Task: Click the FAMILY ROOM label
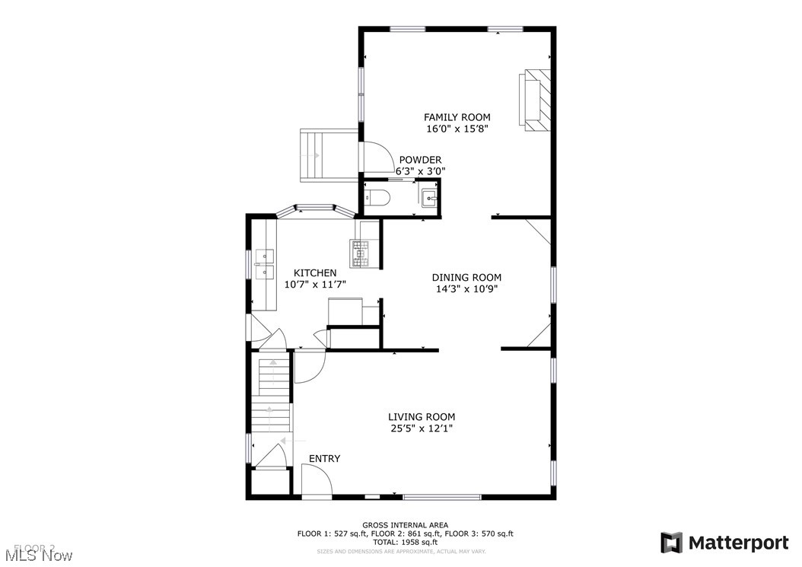457,117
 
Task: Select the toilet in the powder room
377,199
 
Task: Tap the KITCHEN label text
315,272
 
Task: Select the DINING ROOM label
466,278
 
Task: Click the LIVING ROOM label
422,416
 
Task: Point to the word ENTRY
324,458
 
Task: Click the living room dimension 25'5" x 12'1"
422,429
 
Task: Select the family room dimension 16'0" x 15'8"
457,129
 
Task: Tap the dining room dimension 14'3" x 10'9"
466,289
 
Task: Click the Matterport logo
724,543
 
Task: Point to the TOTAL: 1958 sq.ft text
405,543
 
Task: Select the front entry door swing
316,479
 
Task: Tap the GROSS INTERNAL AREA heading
405,525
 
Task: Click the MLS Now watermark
37,556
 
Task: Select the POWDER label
420,160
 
